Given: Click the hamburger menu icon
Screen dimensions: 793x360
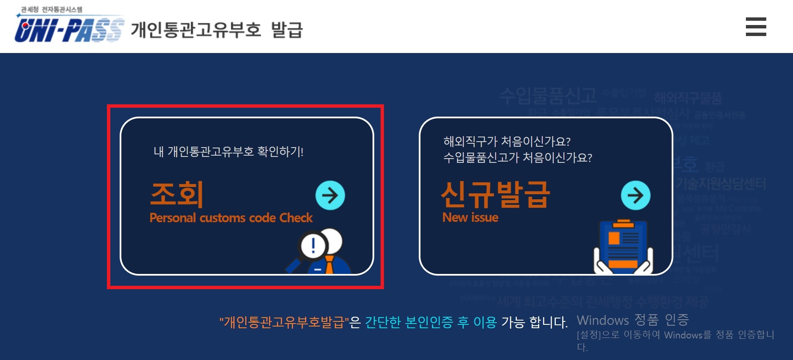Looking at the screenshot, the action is click(756, 27).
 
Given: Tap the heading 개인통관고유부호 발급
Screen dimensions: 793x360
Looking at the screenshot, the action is click(217, 30).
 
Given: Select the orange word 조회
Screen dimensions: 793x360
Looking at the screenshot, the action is click(177, 194).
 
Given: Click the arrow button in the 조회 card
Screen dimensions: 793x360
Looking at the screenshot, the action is click(330, 195).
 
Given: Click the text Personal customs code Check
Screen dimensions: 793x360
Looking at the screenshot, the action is click(231, 218).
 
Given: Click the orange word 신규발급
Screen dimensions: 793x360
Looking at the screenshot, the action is click(495, 194).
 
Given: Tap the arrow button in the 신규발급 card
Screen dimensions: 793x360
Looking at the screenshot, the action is click(635, 195).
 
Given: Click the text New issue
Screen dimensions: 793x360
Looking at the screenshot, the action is click(470, 218).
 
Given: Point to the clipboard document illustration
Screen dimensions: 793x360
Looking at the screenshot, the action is click(623, 246).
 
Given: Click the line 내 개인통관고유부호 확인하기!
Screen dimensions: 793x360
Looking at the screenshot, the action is click(228, 151).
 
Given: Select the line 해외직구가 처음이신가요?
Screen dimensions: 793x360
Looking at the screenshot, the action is click(507, 141).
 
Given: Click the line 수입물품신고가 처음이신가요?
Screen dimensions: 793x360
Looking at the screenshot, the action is click(517, 158).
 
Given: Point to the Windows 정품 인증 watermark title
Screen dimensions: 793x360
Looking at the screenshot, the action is click(633, 320).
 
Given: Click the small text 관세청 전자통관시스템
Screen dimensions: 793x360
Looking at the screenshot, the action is click(52, 9).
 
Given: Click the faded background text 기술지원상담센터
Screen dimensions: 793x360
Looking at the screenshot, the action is click(720, 184).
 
